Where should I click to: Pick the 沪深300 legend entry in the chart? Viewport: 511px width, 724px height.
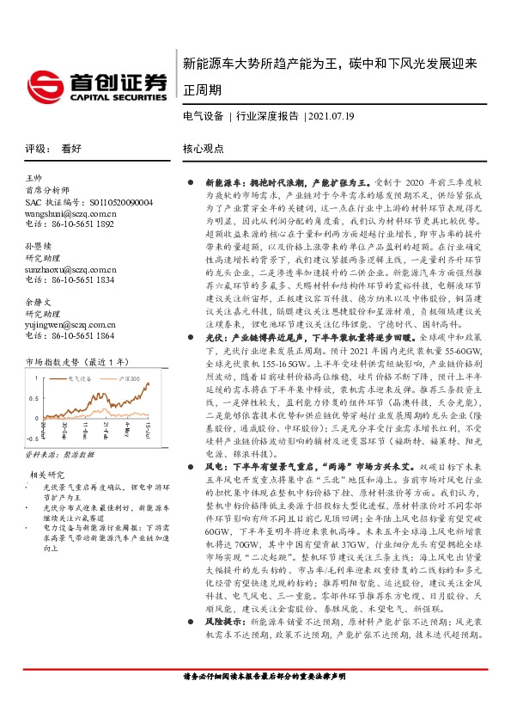(130, 353)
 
